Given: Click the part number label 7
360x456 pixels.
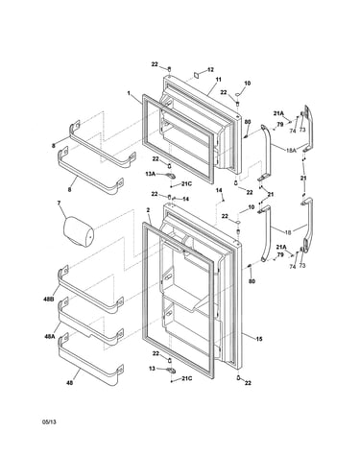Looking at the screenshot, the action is point(59,203).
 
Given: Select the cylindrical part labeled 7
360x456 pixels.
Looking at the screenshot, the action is point(78,232).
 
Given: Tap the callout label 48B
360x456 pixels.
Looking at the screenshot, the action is point(48,300).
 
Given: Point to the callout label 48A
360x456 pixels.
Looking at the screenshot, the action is point(50,336).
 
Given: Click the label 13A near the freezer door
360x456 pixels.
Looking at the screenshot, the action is point(150,174).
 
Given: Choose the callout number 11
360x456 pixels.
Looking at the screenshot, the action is point(218,80).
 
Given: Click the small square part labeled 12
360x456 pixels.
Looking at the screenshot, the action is point(197,75).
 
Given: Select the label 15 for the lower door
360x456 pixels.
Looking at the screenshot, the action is point(259,339).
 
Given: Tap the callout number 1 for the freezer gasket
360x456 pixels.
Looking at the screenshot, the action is point(129,93).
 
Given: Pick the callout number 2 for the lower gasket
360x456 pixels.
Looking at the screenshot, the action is point(148,210).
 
